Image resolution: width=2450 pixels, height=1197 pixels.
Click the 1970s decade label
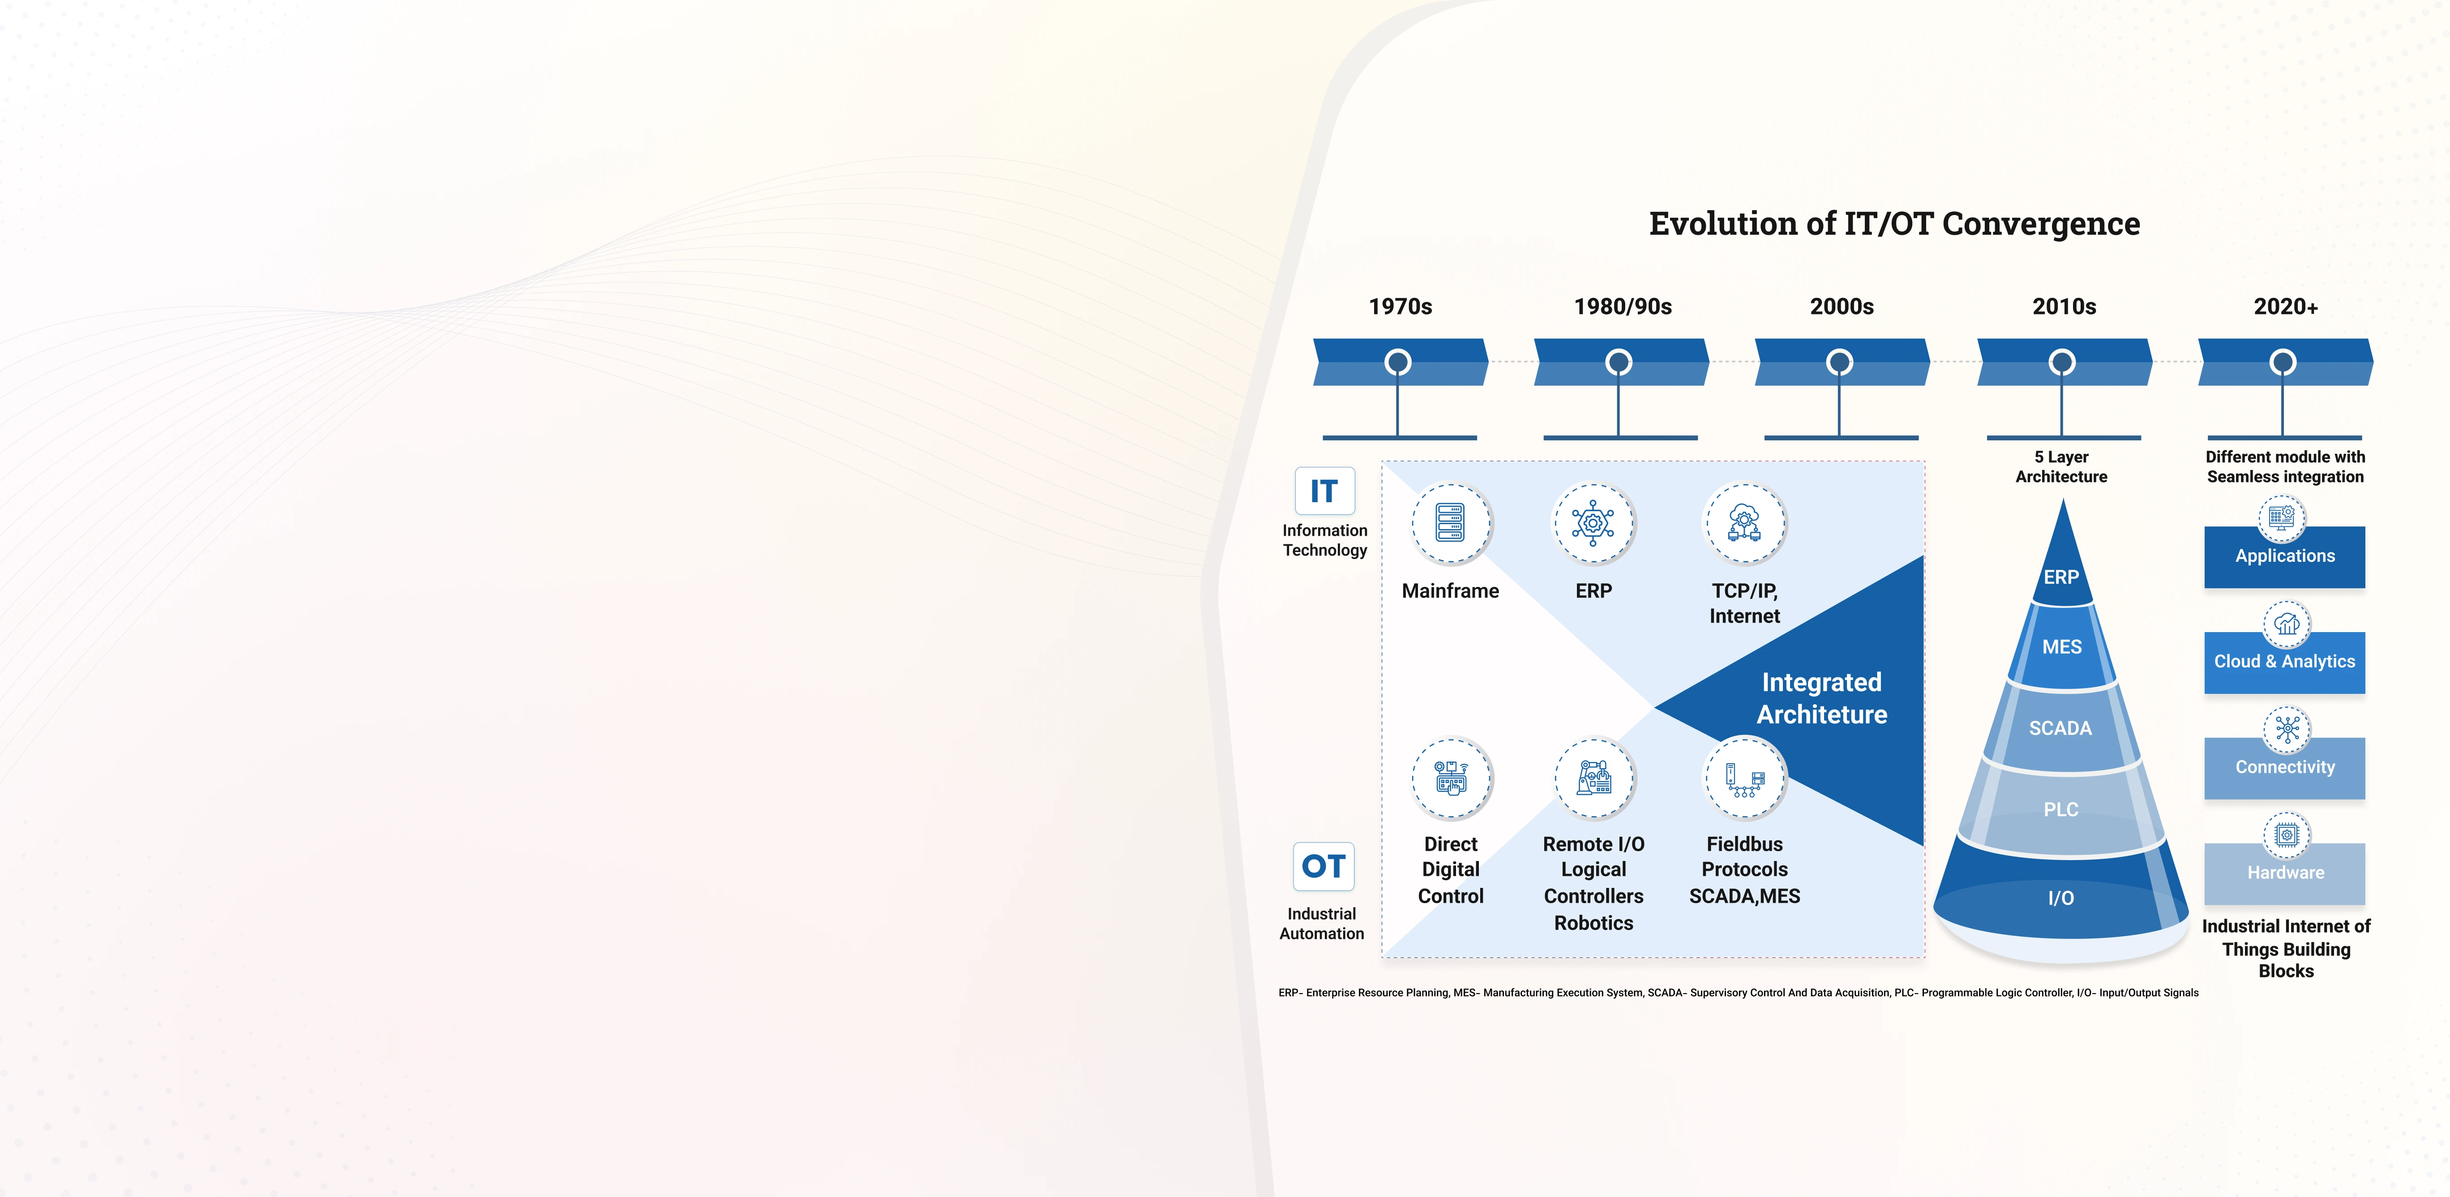(x=1400, y=306)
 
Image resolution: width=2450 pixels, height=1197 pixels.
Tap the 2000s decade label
(x=1841, y=306)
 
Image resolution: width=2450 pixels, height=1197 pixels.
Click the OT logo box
(x=1323, y=866)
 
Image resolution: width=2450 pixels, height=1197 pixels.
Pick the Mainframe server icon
(x=1450, y=523)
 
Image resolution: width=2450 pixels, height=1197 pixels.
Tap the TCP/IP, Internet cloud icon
(x=1744, y=523)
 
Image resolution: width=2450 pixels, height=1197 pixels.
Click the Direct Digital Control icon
(x=1450, y=777)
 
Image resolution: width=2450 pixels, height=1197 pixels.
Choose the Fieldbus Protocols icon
(x=1744, y=777)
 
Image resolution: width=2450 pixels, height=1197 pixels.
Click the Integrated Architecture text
(x=1821, y=698)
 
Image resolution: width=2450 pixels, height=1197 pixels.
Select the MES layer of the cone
(x=2062, y=647)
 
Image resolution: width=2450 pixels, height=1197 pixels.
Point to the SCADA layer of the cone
(x=2061, y=728)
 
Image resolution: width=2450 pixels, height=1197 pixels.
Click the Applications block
(x=2284, y=557)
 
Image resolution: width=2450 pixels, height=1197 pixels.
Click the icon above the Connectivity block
(x=2287, y=730)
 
